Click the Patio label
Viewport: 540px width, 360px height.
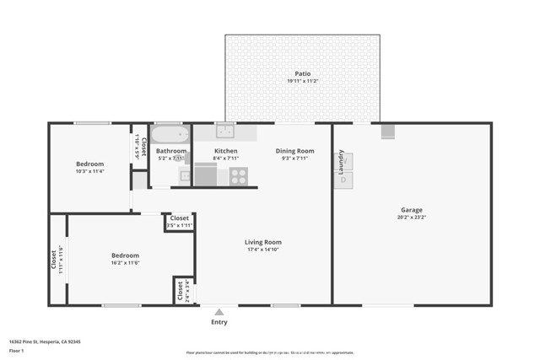click(x=302, y=73)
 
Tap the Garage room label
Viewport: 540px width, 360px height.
click(x=411, y=210)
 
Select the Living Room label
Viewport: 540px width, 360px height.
click(x=263, y=242)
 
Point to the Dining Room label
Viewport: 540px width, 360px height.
click(x=294, y=151)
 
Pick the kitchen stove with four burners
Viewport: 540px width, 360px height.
click(x=239, y=176)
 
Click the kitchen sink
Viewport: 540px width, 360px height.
click(x=224, y=131)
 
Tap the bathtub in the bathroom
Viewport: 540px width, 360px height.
click(x=171, y=134)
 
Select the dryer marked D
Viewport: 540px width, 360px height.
click(x=344, y=180)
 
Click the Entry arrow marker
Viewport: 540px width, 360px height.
click(x=219, y=312)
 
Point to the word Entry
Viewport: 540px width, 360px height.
click(x=219, y=322)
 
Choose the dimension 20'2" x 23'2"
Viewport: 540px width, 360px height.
click(x=411, y=218)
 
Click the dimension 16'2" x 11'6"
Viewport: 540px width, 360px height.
click(x=125, y=263)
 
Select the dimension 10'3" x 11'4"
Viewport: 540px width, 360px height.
click(x=89, y=171)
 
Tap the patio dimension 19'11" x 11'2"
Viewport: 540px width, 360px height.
click(x=302, y=81)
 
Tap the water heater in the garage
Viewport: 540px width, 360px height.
click(x=388, y=132)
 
